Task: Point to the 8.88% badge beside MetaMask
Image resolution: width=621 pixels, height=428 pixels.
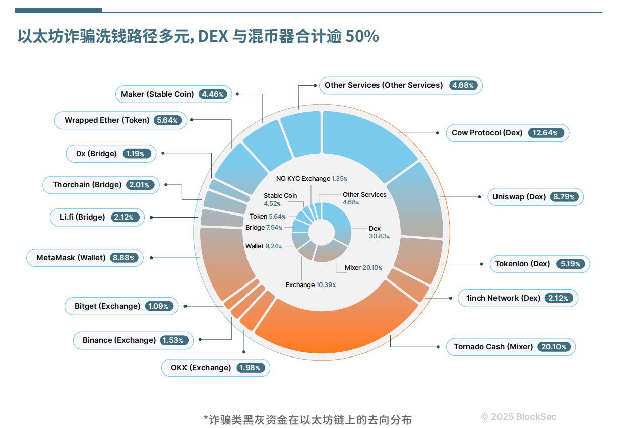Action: point(124,258)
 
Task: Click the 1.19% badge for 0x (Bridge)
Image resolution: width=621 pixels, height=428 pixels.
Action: point(135,154)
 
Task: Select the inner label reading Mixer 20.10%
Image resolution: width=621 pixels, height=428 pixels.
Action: point(363,268)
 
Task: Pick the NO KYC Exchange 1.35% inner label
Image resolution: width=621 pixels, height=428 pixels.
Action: point(311,179)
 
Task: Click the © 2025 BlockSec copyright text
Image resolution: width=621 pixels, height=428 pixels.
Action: point(519,417)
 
